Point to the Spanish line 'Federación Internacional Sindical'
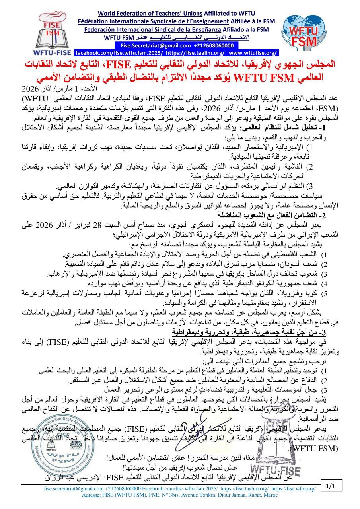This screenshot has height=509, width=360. (149, 29)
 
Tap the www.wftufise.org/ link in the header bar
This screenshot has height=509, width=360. (253, 52)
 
